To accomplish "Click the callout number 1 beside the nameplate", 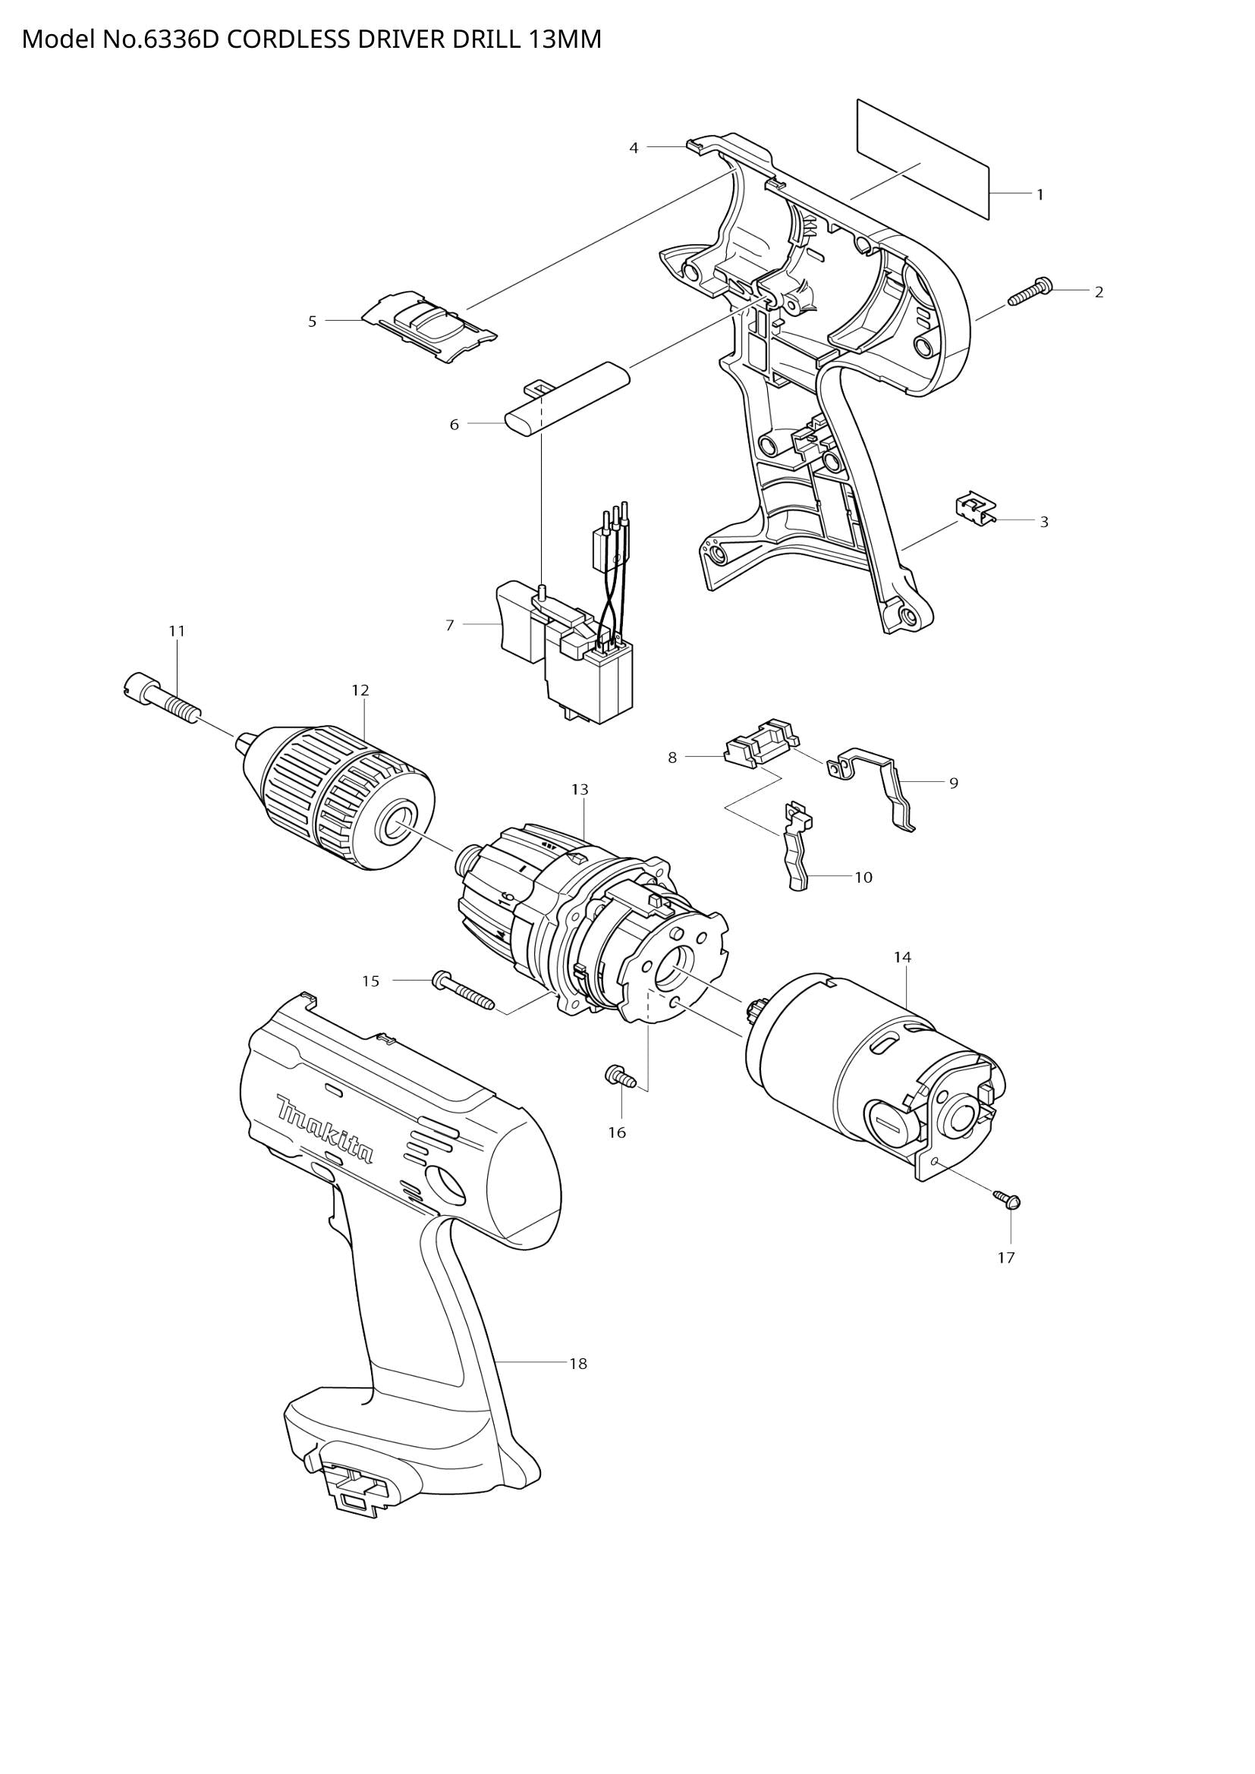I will point(1040,195).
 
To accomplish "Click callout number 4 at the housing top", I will point(634,148).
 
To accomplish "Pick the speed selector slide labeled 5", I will point(429,325).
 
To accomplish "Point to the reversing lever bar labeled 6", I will point(568,399).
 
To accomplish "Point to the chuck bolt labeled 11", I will point(162,697).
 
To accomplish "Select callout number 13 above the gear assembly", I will point(580,789).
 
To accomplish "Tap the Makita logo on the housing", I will point(325,1129).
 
